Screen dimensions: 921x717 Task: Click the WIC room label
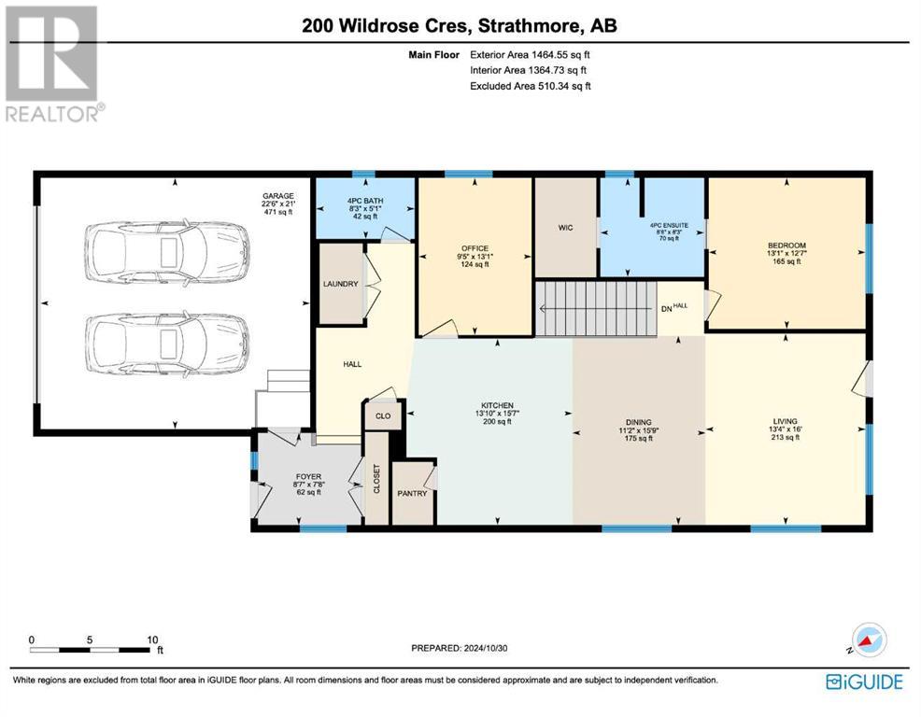coord(565,227)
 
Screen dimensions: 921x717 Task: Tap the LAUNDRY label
coord(341,284)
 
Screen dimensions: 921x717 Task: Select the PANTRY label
coord(412,493)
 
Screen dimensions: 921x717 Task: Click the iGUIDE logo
coord(864,682)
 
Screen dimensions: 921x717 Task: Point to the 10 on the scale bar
coord(152,640)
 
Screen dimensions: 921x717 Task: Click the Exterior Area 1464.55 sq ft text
coord(530,54)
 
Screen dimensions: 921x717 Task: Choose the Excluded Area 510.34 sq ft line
coord(531,86)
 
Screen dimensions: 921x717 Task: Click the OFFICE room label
coord(475,248)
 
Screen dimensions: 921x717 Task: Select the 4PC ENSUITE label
coord(669,226)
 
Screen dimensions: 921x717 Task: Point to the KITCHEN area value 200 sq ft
coord(498,422)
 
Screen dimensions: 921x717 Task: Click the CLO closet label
coord(383,415)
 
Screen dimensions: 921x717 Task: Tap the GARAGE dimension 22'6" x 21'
coord(277,204)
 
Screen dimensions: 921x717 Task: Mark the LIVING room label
coord(785,421)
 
